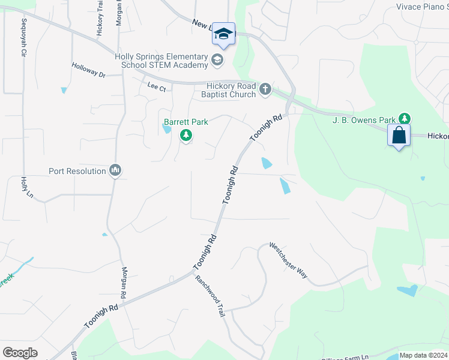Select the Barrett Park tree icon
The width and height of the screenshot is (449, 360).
(x=186, y=136)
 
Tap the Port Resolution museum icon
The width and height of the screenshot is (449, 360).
(x=115, y=171)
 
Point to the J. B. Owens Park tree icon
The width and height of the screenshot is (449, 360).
(x=405, y=119)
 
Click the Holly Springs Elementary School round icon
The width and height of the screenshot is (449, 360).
(x=217, y=59)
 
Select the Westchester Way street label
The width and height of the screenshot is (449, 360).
(x=288, y=260)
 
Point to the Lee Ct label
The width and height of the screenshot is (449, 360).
(x=156, y=86)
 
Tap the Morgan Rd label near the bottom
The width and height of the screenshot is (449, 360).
(x=124, y=283)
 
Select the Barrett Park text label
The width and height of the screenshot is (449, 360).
(x=186, y=122)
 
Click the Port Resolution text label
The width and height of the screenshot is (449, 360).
(x=77, y=171)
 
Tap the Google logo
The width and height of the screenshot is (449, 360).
(x=20, y=352)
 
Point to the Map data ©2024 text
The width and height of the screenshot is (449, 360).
(x=423, y=355)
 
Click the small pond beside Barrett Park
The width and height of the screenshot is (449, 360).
(x=167, y=131)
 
